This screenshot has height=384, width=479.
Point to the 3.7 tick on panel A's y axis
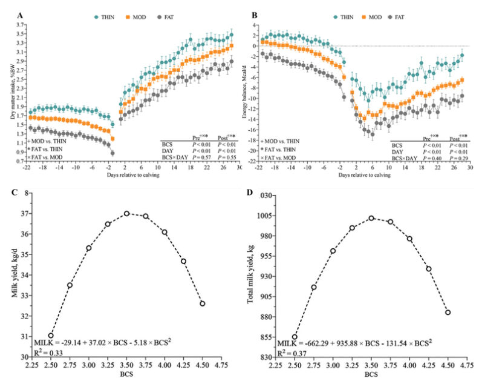19,25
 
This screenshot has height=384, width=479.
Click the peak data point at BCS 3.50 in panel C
127,213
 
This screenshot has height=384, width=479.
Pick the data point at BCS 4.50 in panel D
448,312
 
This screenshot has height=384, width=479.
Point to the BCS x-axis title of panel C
127,376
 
